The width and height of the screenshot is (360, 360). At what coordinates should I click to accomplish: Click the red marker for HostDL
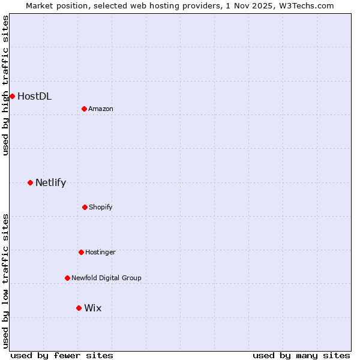[12, 96]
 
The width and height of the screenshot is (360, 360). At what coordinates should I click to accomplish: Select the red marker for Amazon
[85, 109]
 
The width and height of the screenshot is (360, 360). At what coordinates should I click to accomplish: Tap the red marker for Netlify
[30, 182]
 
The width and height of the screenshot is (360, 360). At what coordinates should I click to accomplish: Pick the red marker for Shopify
[85, 207]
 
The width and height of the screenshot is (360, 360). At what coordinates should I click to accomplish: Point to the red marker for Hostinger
[81, 252]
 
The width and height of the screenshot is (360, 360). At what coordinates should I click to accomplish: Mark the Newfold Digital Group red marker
[67, 278]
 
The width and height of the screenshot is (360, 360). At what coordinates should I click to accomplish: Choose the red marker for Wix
[79, 308]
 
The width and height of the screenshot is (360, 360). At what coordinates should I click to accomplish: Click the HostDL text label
[34, 96]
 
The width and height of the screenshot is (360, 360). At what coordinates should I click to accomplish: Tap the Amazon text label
[101, 109]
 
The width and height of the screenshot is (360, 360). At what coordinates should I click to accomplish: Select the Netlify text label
[50, 182]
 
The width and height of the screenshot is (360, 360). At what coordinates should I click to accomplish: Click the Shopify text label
[101, 207]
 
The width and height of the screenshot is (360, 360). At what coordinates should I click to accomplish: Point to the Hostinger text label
[100, 252]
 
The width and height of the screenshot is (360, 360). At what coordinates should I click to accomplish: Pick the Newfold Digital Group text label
[106, 278]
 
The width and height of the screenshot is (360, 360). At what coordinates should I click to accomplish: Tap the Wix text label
[92, 308]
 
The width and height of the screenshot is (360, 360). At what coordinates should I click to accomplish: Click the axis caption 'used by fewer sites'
[62, 355]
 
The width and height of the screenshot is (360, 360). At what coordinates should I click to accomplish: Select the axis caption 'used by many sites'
[301, 355]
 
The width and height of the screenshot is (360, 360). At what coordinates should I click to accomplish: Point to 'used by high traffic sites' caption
[5, 85]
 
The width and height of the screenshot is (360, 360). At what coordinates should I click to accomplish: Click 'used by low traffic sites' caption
[5, 280]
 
